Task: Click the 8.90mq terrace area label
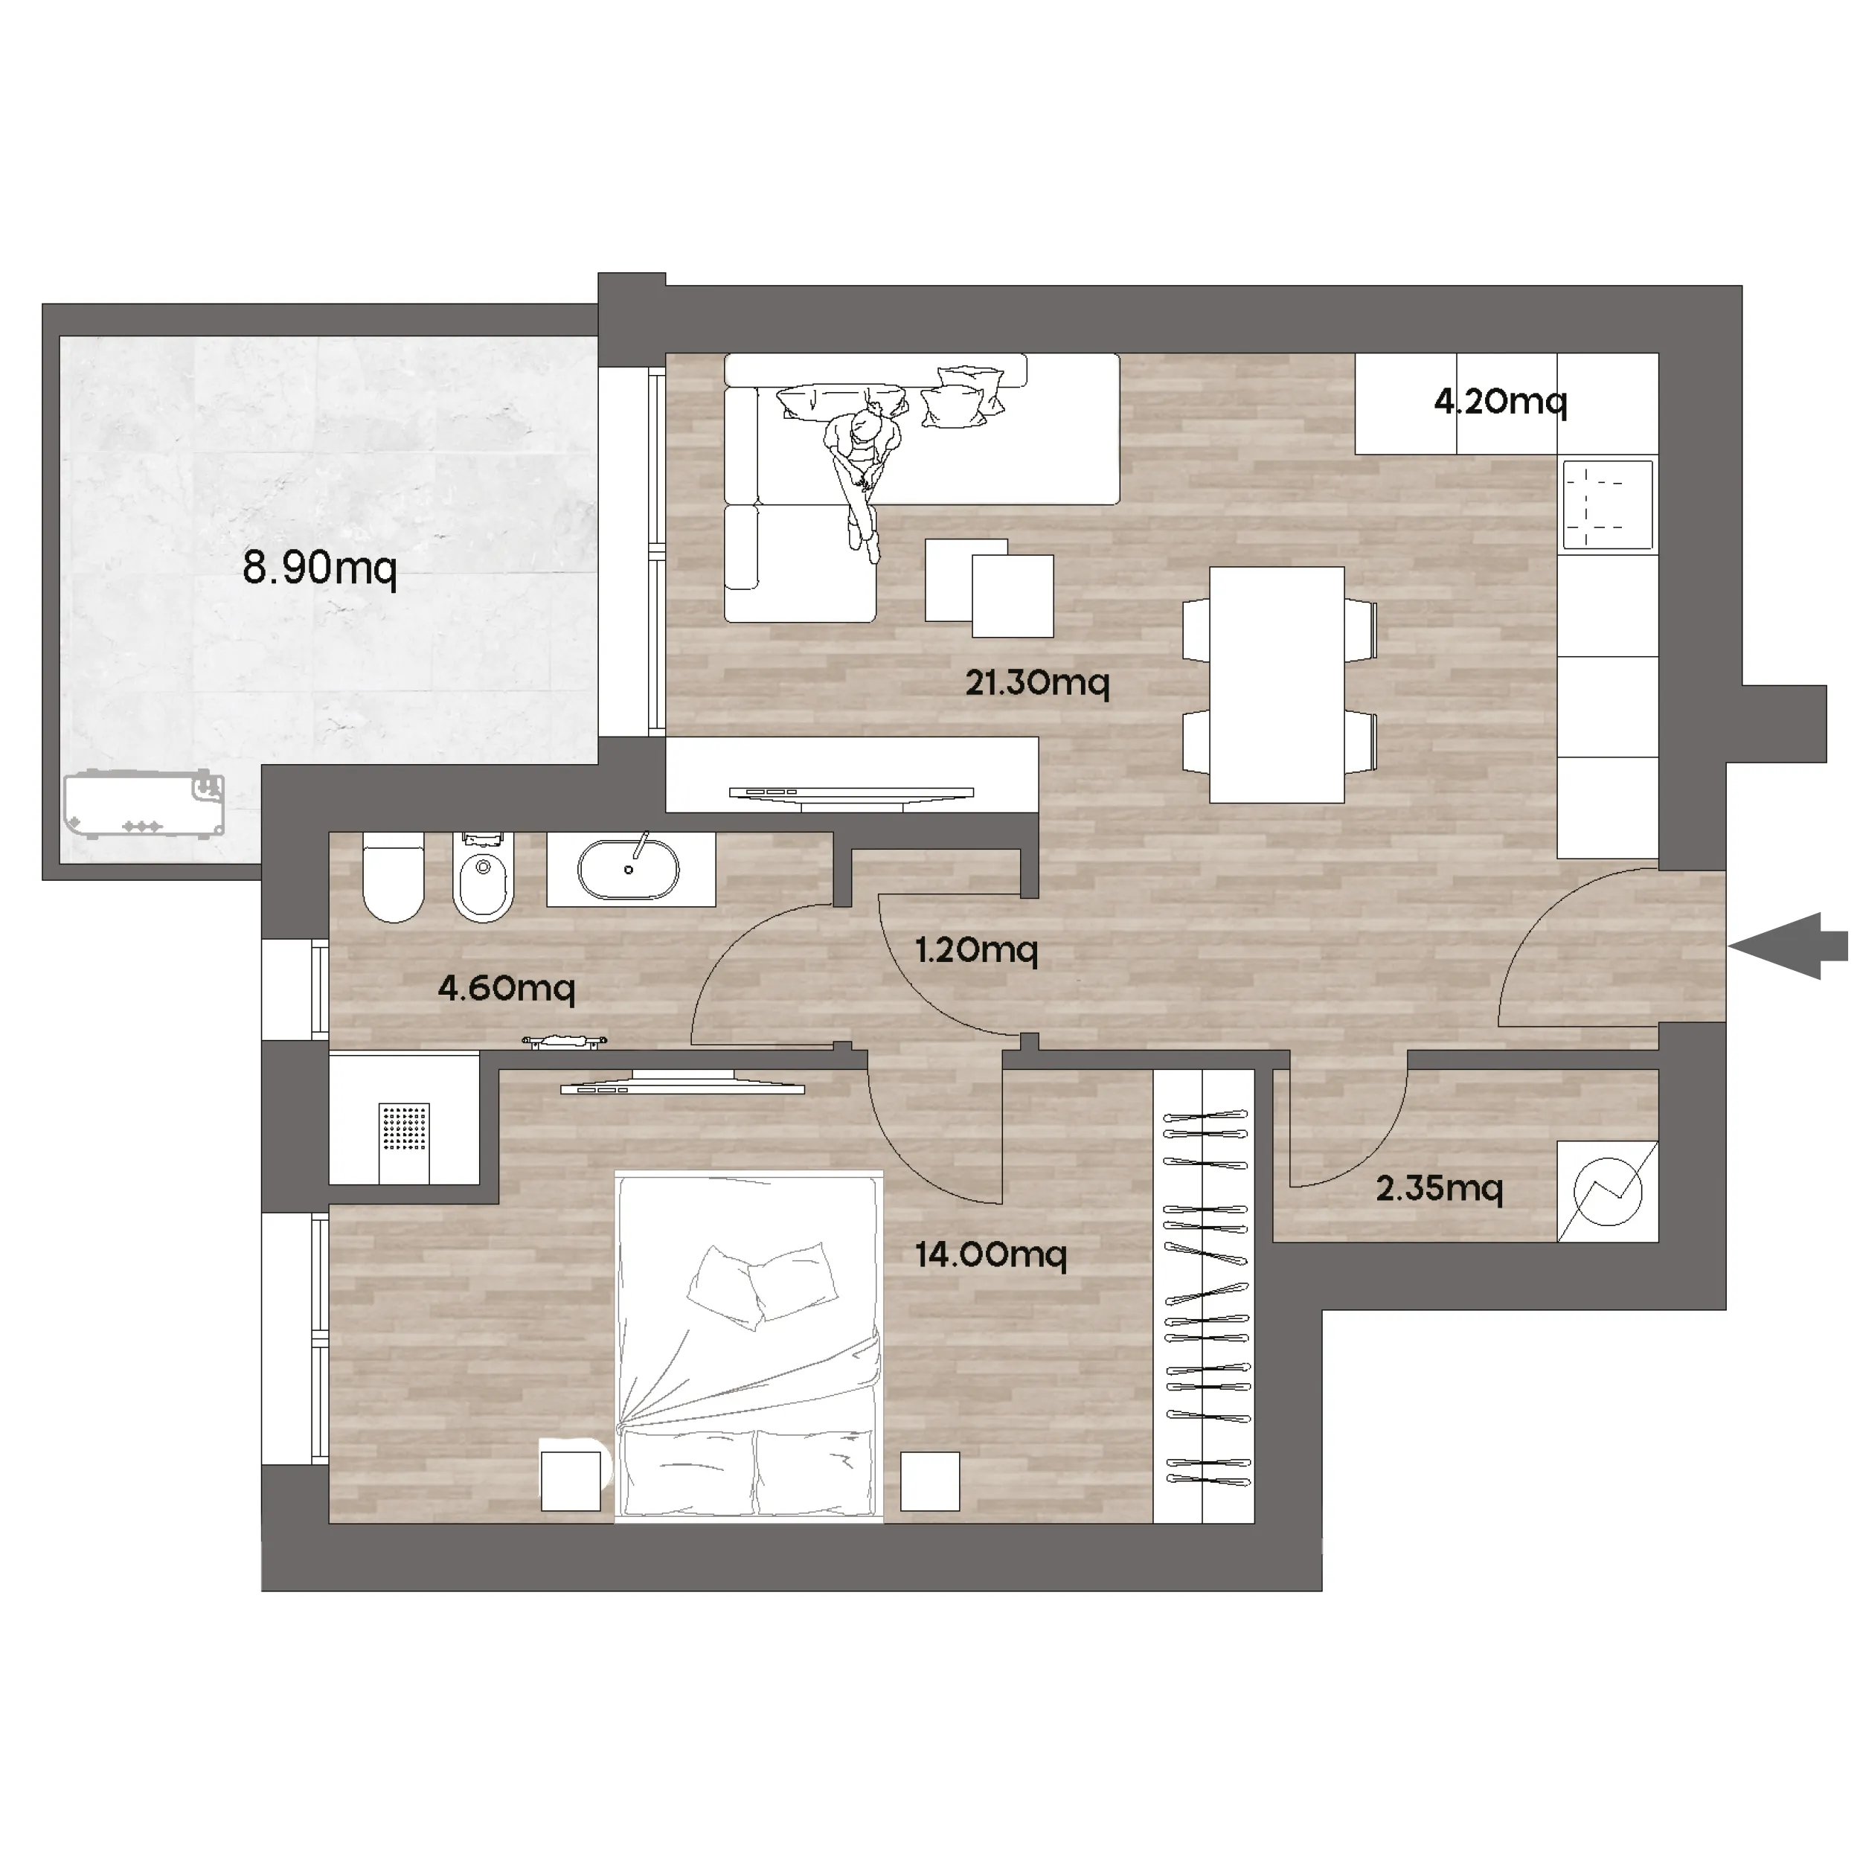tap(320, 569)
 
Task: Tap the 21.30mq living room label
tap(1038, 684)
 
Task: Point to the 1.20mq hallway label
tap(976, 950)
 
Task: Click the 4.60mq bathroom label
tap(507, 988)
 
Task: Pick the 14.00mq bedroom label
tap(991, 1254)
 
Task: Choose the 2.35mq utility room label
tap(1440, 1189)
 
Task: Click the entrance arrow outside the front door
tap(1789, 946)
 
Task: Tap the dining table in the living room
tap(1277, 684)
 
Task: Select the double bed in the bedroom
tap(749, 1346)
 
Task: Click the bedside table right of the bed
tap(930, 1481)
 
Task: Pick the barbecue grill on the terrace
tap(144, 804)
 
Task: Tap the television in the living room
tap(851, 793)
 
